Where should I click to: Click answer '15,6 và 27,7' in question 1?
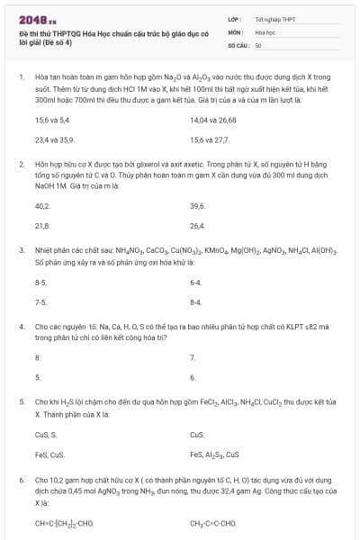[x=210, y=139]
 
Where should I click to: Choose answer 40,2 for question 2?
[x=41, y=205]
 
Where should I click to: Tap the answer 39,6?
[x=198, y=205]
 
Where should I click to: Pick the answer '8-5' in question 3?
[x=40, y=282]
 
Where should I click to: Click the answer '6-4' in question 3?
[x=195, y=282]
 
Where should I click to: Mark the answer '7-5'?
[x=40, y=302]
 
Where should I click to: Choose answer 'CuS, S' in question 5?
[x=45, y=434]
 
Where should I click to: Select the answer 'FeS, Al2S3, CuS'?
[x=214, y=454]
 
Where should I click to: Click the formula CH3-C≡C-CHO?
[x=213, y=522]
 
